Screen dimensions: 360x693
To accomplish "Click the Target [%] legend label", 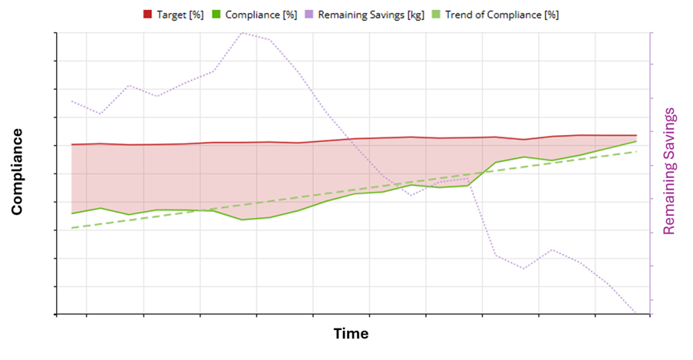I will click(x=180, y=15).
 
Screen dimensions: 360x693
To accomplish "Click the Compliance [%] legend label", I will click(x=261, y=15).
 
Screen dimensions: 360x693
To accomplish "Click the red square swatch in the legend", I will click(x=148, y=15).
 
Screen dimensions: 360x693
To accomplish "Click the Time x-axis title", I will click(x=350, y=334).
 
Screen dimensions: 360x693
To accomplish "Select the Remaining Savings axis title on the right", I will click(x=669, y=171).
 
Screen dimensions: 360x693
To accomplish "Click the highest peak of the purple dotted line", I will click(x=243, y=33).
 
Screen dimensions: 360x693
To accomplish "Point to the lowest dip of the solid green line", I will click(x=243, y=220).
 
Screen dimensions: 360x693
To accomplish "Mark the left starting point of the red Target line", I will click(x=71, y=144).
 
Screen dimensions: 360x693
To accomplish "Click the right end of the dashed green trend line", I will click(x=637, y=151).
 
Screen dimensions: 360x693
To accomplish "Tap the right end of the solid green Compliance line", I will click(x=637, y=141).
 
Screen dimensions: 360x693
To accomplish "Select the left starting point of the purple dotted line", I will click(x=71, y=101).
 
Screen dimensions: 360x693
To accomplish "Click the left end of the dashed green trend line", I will click(x=71, y=227).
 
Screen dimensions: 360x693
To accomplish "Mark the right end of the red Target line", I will click(x=637, y=135).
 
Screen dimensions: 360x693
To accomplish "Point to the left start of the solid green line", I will click(x=71, y=213).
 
